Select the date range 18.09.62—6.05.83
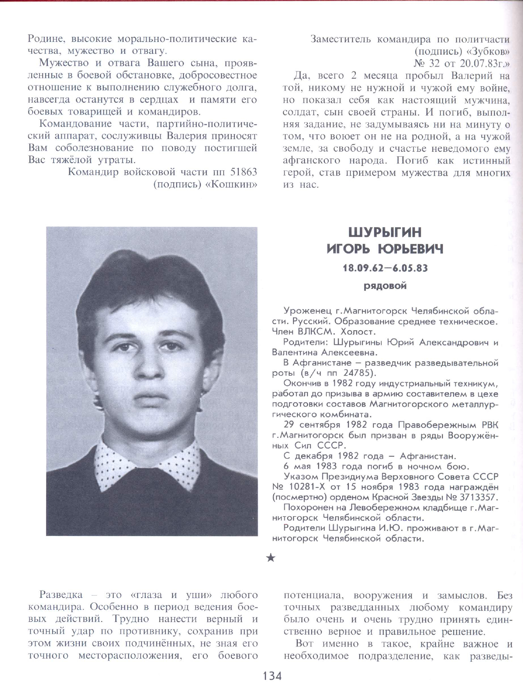pos(385,268)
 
